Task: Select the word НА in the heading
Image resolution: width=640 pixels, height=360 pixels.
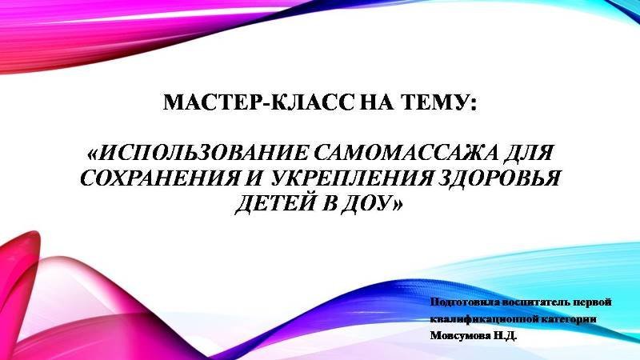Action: click(x=377, y=102)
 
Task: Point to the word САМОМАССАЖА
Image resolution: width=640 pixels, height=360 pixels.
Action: click(x=407, y=153)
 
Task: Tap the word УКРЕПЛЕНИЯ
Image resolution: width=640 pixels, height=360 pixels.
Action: click(x=350, y=178)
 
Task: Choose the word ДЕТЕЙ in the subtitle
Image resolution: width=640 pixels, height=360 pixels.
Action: click(x=275, y=203)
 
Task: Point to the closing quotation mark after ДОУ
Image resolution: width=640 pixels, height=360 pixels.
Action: click(x=397, y=204)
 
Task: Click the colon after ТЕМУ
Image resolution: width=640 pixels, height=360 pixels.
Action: click(x=473, y=105)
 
